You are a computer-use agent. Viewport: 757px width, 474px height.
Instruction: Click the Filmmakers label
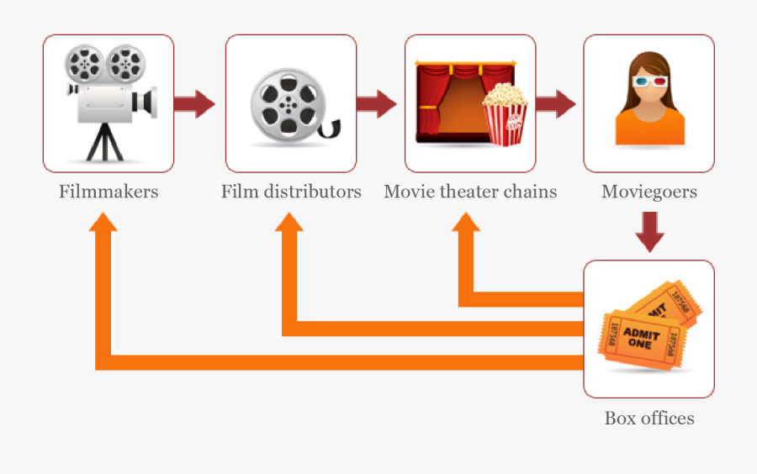click(x=109, y=192)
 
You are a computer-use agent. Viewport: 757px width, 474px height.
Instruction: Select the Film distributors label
click(x=291, y=192)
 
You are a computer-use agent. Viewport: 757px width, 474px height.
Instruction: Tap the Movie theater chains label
click(x=470, y=192)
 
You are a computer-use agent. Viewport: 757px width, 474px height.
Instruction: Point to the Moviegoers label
click(x=648, y=192)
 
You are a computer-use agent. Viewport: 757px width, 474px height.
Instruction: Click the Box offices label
click(x=648, y=418)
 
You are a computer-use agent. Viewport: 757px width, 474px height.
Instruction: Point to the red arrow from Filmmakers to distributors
click(x=195, y=104)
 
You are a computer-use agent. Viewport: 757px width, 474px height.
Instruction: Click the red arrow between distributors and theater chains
click(x=376, y=104)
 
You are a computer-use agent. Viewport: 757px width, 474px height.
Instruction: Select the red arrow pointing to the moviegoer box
click(x=555, y=104)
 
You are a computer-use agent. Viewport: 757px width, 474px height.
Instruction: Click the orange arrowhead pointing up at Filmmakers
click(x=103, y=222)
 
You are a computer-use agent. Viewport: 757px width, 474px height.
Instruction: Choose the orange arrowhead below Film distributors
click(x=289, y=222)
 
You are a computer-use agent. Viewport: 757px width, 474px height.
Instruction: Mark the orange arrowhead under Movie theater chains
click(x=466, y=222)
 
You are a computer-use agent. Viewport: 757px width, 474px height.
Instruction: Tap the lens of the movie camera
click(x=149, y=101)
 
